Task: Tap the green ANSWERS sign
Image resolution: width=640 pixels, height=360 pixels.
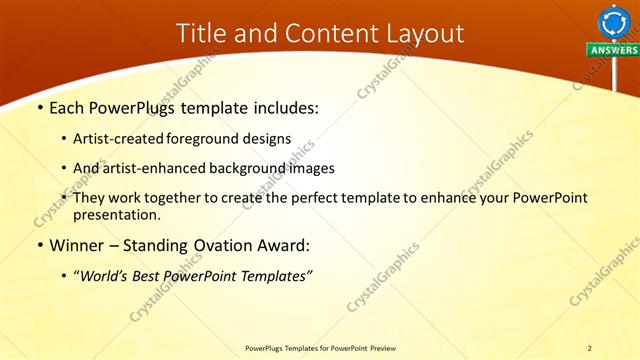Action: [613, 49]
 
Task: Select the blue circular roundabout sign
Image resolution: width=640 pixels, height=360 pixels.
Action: [613, 21]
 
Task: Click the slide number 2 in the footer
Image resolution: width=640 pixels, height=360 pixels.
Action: [589, 348]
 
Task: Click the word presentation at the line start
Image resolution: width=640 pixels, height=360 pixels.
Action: [116, 214]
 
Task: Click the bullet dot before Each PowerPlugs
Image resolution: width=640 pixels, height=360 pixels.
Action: [39, 108]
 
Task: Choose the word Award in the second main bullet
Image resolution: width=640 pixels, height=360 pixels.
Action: [278, 245]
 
